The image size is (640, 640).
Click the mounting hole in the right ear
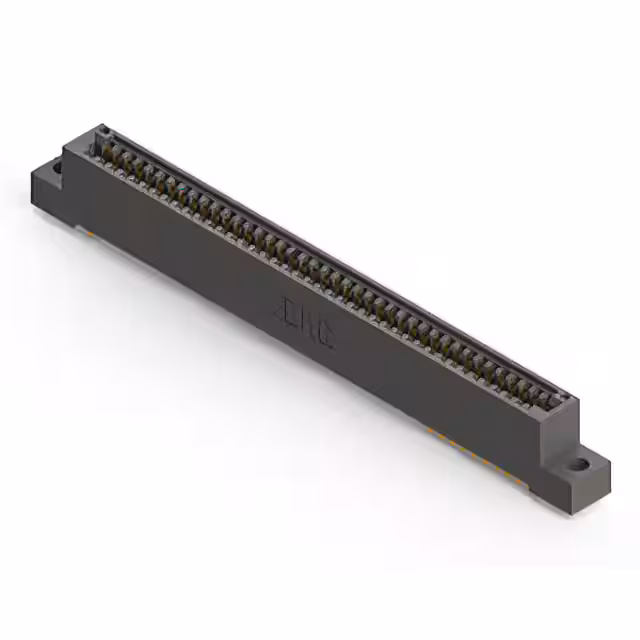(x=581, y=466)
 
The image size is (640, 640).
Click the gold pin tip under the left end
(x=88, y=232)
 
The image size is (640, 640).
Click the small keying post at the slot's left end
(x=100, y=132)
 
